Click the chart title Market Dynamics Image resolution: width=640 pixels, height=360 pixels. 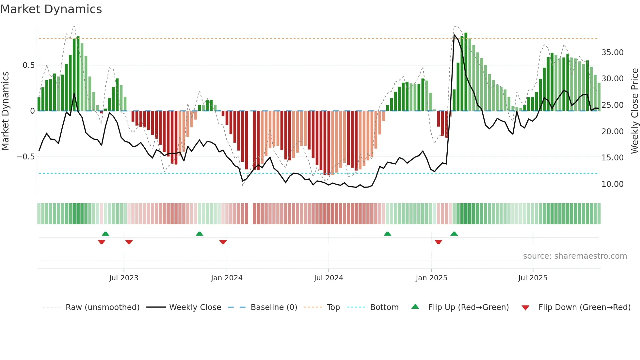[51, 9]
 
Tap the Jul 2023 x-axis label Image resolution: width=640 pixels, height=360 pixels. [124, 278]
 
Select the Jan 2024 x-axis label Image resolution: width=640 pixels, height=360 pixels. [227, 278]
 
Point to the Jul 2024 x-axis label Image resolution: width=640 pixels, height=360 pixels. [328, 278]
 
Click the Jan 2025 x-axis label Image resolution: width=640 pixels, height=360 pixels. [431, 278]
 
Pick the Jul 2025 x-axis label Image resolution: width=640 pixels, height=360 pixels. [533, 278]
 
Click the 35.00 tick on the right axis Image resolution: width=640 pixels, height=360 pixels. [612, 53]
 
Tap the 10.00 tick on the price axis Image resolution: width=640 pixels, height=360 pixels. [612, 184]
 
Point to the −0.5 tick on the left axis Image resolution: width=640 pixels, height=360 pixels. [25, 157]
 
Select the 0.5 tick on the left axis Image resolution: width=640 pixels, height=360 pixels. [28, 65]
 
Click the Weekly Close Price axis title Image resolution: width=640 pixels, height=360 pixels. [634, 111]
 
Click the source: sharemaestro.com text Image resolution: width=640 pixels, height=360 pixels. [575, 256]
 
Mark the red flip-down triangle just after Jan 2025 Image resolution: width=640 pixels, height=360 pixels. [439, 242]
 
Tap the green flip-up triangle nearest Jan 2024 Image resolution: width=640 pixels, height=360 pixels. [200, 234]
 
